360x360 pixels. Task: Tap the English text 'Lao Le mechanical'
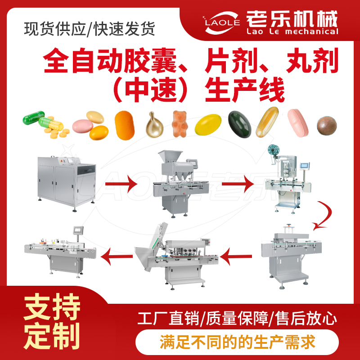(x=292, y=31)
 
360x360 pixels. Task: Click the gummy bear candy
(x=180, y=124)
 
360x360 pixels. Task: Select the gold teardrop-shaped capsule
(x=154, y=125)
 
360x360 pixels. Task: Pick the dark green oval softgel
(x=239, y=124)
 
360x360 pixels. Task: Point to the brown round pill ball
(x=327, y=126)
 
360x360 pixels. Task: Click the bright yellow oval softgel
(x=208, y=125)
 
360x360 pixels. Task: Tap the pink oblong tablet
(x=298, y=123)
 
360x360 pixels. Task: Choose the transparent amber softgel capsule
(x=267, y=122)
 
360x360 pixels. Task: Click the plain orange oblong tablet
(x=125, y=126)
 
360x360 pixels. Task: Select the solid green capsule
(x=33, y=118)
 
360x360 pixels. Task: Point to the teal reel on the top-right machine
(x=273, y=150)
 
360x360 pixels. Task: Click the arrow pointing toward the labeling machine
(x=117, y=256)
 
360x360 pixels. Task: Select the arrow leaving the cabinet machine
(x=121, y=184)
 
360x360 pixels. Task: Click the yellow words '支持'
(x=52, y=307)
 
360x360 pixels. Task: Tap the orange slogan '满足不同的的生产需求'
(x=237, y=342)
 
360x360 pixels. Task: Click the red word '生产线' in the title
(x=245, y=90)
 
